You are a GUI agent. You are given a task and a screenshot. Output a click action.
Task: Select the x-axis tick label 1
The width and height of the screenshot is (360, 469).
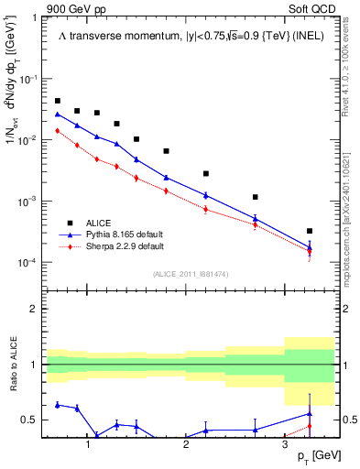87,444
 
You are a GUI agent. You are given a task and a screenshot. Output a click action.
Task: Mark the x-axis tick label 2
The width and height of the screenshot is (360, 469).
186,444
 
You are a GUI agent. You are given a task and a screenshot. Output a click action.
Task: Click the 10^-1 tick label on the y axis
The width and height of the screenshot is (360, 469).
32,79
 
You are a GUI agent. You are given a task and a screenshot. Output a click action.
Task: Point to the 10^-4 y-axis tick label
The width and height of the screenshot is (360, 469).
32,263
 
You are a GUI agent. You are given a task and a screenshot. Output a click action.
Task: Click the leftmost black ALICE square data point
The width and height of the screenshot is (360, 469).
58,101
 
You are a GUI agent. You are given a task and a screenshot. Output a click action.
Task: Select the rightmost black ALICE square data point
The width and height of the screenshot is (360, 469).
310,231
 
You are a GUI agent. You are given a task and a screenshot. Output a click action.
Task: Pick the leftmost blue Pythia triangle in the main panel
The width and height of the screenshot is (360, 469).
58,115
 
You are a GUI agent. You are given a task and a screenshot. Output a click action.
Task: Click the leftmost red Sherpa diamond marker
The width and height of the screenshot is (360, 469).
58,131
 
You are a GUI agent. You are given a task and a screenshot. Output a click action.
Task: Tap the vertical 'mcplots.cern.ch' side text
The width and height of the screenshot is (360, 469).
349,229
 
